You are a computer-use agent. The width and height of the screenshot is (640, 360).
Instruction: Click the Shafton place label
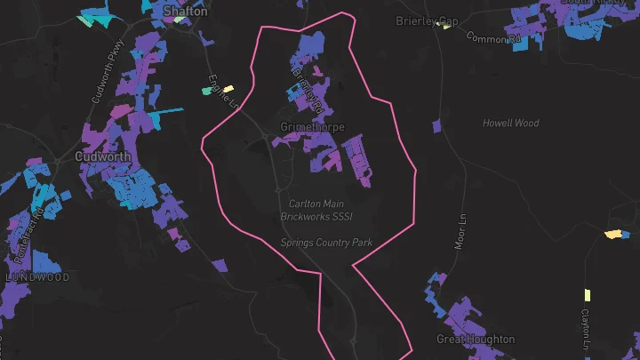tap(186, 12)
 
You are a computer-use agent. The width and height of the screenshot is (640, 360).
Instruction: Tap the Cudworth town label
tap(103, 156)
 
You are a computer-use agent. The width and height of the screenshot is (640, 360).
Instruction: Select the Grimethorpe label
tap(312, 127)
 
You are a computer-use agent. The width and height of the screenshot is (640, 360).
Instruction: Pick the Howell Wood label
tap(511, 123)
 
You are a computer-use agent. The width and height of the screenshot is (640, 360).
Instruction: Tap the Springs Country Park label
tap(326, 242)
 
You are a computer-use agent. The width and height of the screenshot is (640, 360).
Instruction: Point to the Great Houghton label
tap(476, 340)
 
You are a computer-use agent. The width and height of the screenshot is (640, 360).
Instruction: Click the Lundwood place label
tap(37, 277)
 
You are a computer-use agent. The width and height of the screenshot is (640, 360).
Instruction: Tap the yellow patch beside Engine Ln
tap(228, 89)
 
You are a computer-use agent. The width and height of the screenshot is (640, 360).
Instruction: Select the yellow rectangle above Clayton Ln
tap(587, 295)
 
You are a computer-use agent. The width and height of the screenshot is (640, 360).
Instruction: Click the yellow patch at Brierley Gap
tap(445, 27)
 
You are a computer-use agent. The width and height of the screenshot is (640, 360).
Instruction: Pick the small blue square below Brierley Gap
tap(437, 126)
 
